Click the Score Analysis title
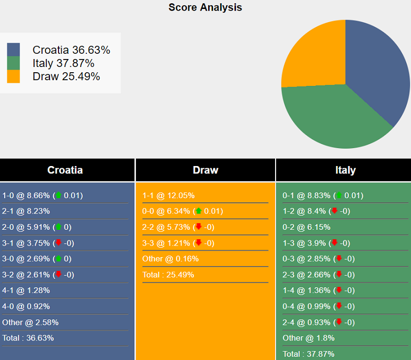click(x=205, y=7)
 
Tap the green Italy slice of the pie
click(x=332, y=119)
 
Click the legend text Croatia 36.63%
click(x=71, y=50)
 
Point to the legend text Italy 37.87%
click(x=63, y=63)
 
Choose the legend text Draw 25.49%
click(x=66, y=76)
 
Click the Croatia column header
click(x=65, y=170)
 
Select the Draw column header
click(x=205, y=170)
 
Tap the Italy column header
click(x=345, y=170)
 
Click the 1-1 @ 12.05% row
click(x=169, y=196)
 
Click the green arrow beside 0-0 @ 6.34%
click(x=199, y=211)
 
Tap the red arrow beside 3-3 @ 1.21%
click(x=199, y=243)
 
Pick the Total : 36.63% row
click(x=28, y=338)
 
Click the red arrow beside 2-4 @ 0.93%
click(x=339, y=322)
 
